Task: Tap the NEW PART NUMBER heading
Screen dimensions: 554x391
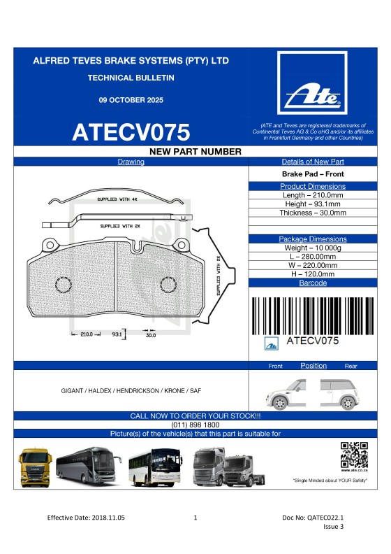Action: coord(195,152)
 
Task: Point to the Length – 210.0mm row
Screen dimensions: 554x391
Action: coord(312,195)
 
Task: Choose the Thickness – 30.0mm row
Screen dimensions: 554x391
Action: coord(312,213)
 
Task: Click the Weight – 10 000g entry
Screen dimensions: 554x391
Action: coord(312,248)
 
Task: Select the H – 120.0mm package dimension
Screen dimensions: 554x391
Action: coord(312,274)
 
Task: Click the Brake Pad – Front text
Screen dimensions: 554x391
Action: coord(312,174)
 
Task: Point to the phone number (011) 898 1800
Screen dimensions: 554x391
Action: coord(195,425)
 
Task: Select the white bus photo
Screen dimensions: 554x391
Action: coord(154,468)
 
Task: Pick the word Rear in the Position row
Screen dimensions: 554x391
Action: coord(351,366)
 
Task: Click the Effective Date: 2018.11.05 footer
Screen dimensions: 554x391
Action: coord(86,518)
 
